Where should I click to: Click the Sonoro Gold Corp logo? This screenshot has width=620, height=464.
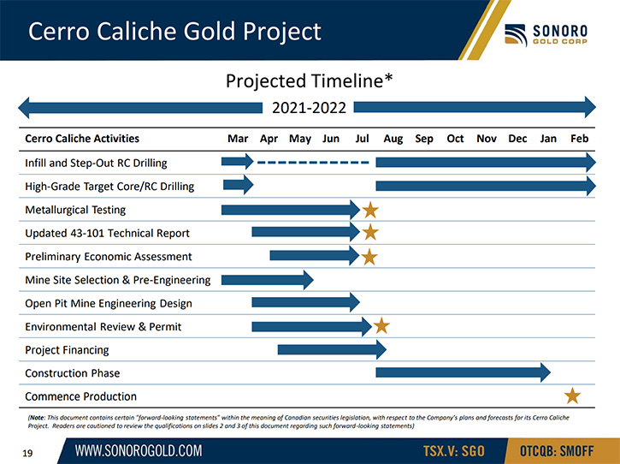(x=546, y=34)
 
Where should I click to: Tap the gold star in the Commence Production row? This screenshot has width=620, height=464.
(x=572, y=396)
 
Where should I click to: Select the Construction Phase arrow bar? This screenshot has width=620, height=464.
(x=463, y=372)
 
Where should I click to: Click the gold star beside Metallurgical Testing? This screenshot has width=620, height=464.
(x=370, y=210)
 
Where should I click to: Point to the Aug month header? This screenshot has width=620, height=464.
(x=393, y=139)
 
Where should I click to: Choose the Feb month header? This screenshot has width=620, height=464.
(x=579, y=139)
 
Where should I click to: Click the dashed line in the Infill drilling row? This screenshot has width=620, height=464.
(x=313, y=163)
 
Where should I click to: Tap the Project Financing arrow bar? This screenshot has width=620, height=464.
(x=332, y=349)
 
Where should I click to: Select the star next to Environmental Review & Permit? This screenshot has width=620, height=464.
(x=381, y=326)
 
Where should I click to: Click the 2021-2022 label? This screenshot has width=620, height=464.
(x=309, y=108)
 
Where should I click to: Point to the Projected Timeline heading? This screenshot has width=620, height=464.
(x=310, y=80)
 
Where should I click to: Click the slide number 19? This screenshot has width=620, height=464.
(x=27, y=453)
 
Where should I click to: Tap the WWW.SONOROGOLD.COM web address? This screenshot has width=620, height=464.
(x=139, y=450)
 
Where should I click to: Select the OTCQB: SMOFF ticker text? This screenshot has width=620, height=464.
(x=557, y=451)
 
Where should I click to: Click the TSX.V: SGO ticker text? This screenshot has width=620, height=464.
(x=453, y=451)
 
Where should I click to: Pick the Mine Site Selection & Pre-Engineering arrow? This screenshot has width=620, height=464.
(x=268, y=280)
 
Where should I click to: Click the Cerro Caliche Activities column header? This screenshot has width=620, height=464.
(x=82, y=139)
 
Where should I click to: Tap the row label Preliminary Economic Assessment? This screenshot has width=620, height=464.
(x=109, y=257)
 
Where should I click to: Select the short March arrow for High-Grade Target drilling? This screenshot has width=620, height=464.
(x=238, y=185)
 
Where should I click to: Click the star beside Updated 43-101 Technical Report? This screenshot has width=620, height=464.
(x=370, y=232)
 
